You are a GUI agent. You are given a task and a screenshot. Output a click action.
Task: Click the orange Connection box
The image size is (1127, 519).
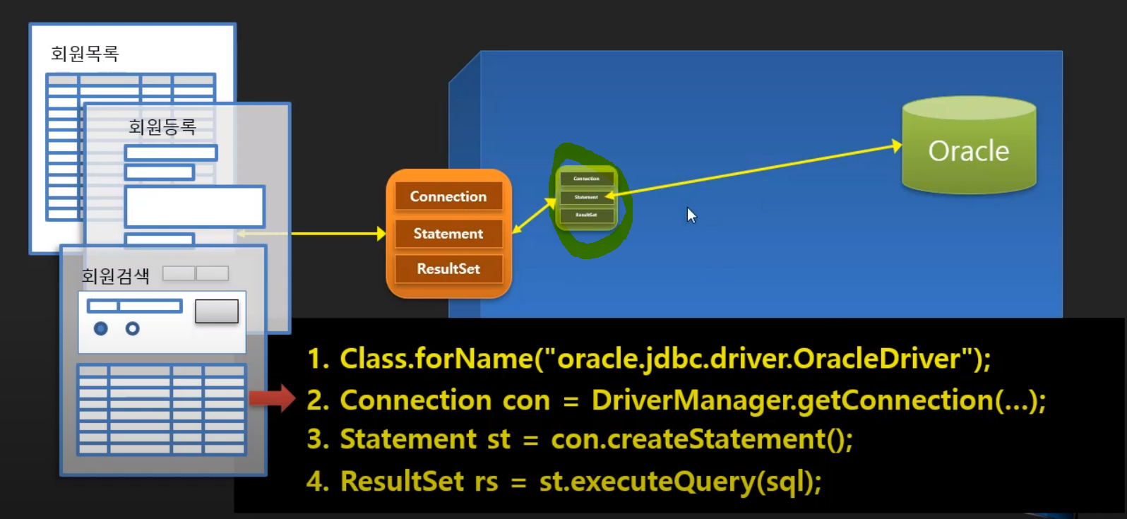tap(448, 196)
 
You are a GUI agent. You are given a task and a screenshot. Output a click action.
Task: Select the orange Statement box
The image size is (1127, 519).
tap(448, 234)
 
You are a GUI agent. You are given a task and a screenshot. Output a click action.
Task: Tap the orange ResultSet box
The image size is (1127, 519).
tap(448, 269)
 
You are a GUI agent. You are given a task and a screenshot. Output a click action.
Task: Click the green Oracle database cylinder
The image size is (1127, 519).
tap(969, 146)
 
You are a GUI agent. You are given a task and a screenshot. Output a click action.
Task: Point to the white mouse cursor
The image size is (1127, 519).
tap(691, 215)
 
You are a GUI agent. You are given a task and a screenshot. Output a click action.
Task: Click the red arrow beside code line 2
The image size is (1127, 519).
tap(272, 398)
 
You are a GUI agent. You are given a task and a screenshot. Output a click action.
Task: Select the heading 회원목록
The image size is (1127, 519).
tap(85, 54)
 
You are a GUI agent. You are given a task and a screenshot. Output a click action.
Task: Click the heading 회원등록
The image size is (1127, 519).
tap(162, 127)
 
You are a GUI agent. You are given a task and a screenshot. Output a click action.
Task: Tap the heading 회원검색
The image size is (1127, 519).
tap(115, 276)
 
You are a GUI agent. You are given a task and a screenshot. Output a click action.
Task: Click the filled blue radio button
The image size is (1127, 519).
tap(101, 328)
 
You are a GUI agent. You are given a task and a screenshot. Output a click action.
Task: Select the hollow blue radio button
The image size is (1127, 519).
tap(132, 328)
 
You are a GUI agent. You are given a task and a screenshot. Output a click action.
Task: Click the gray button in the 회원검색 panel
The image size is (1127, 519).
tap(216, 311)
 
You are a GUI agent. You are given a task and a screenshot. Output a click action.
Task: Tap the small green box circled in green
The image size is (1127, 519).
tap(586, 198)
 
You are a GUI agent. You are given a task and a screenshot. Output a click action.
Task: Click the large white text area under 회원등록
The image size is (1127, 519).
tap(194, 206)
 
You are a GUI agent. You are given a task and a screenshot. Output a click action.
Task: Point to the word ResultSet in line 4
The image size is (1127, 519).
tap(402, 482)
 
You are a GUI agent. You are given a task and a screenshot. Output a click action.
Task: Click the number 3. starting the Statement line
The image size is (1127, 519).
tap(318, 440)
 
